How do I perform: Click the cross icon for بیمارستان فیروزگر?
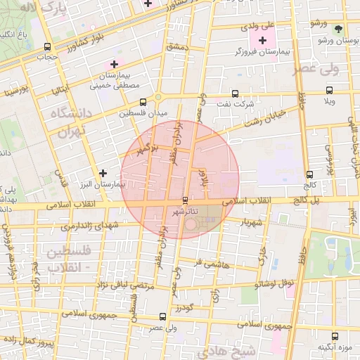coord(264,41)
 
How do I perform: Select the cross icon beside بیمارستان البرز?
coord(103,172)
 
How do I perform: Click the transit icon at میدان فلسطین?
coord(143,101)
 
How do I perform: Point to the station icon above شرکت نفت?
coord(235,94)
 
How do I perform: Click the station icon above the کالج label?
coord(309,174)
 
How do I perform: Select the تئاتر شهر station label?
coord(186,211)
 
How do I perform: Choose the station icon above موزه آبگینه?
coord(334,335)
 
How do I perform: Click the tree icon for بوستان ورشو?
coord(340,30)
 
